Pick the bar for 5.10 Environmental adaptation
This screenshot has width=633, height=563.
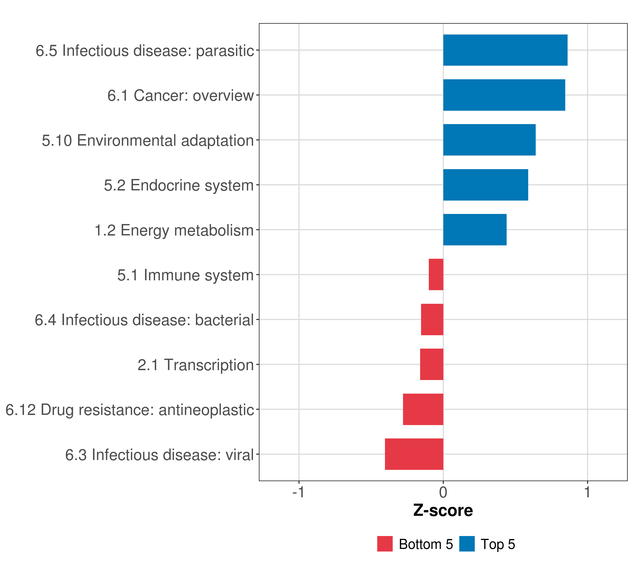click(x=489, y=140)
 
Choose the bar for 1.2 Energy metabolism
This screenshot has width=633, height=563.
click(x=475, y=230)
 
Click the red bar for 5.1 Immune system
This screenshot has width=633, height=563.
click(x=436, y=274)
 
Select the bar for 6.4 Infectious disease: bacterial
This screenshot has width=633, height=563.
click(x=432, y=320)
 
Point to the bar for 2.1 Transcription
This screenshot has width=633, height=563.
click(x=432, y=364)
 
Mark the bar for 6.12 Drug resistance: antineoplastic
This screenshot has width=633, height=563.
click(x=423, y=409)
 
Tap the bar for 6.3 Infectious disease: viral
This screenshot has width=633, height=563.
click(x=414, y=454)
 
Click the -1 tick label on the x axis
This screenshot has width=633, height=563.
click(x=298, y=492)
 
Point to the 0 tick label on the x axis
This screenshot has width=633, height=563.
click(x=443, y=492)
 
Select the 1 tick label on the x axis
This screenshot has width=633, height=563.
click(x=588, y=492)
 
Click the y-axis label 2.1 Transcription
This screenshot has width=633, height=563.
click(x=196, y=365)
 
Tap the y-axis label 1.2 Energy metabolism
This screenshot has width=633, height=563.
click(x=174, y=230)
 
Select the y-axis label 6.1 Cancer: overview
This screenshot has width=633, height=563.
click(x=181, y=95)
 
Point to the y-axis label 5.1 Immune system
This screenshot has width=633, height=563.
click(x=185, y=275)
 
